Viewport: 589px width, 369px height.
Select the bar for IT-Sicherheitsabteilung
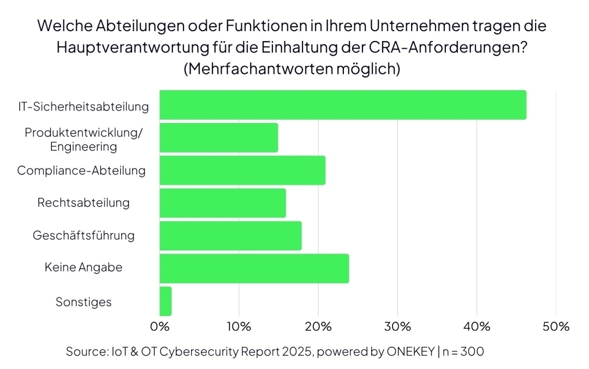[x=343, y=105]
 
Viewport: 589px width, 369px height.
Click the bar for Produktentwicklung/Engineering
[x=219, y=138]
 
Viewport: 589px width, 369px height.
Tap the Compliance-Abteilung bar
[x=242, y=171]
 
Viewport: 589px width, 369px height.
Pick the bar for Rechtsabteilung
[x=223, y=203]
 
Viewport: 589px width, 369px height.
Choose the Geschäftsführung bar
[x=230, y=236]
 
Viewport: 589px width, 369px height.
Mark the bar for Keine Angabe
[x=254, y=268]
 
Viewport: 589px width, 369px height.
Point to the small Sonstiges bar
[x=165, y=301]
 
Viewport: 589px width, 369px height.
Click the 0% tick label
[x=160, y=327]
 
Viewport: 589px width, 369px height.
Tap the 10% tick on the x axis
[x=239, y=327]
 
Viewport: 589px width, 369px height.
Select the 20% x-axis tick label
[x=318, y=327]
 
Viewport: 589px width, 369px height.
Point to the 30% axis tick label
[x=397, y=327]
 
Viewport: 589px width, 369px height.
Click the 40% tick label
[x=477, y=327]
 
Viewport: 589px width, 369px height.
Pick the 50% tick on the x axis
[x=556, y=327]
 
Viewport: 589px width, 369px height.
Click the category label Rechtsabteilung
[x=84, y=203]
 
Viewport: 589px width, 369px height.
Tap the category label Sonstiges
[x=84, y=302]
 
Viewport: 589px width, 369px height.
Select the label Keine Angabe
[x=84, y=268]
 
